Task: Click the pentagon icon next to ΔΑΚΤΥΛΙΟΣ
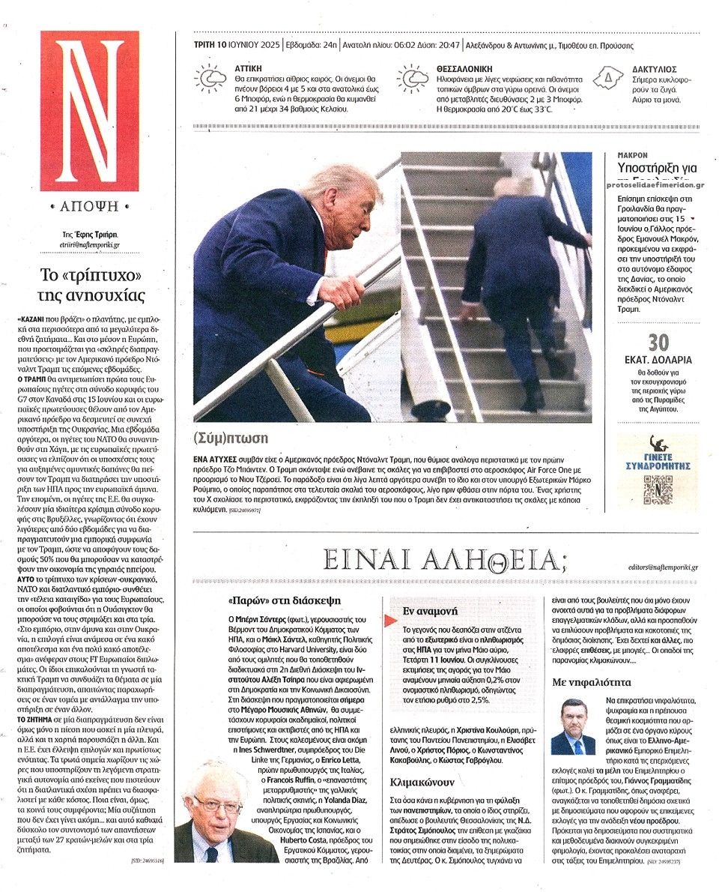coord(608,77)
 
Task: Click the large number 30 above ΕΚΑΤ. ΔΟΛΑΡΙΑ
coord(658,343)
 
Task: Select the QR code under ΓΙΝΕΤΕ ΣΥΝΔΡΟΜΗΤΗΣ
coord(658,489)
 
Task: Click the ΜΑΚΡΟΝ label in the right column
coord(633,155)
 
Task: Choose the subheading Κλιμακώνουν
coord(419,781)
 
